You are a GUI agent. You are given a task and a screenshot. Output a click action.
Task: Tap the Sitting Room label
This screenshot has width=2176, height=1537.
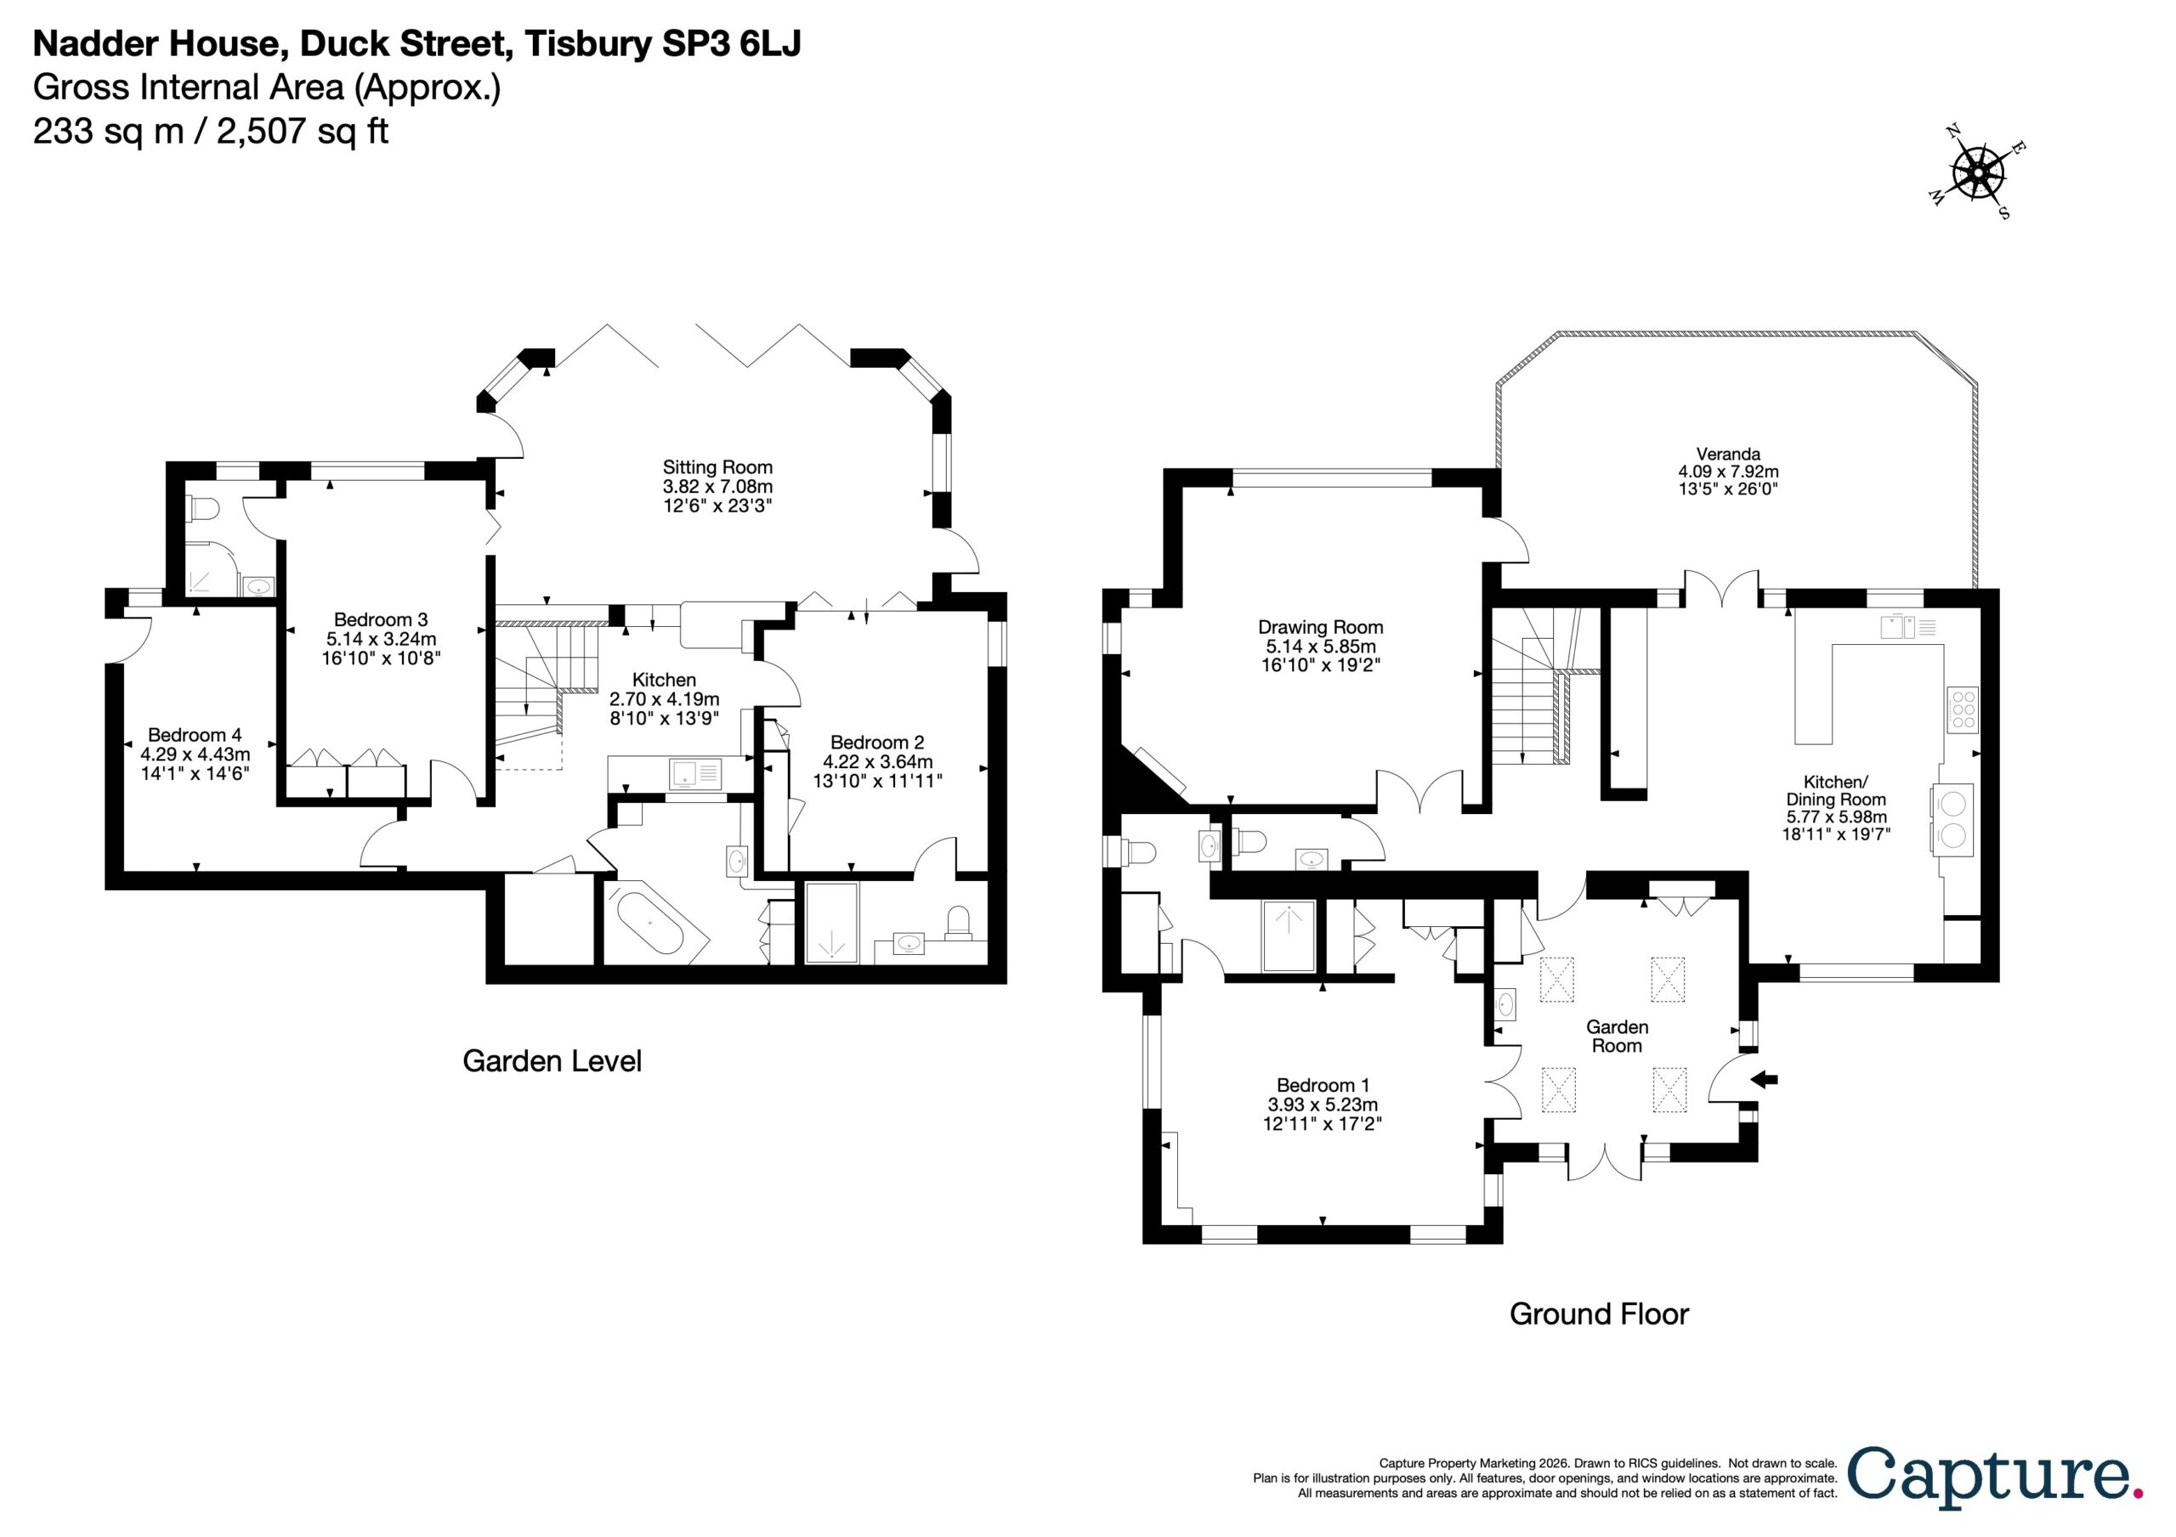pyautogui.click(x=717, y=467)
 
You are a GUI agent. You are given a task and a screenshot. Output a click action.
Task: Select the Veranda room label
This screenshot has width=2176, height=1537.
pyautogui.click(x=1728, y=454)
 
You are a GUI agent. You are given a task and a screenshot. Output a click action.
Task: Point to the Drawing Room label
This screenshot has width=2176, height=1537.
pyautogui.click(x=1320, y=627)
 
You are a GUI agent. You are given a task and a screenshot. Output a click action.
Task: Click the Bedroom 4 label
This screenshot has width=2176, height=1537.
pyautogui.click(x=195, y=735)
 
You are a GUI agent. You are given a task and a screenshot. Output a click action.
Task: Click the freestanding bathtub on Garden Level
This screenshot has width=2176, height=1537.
pyautogui.click(x=649, y=921)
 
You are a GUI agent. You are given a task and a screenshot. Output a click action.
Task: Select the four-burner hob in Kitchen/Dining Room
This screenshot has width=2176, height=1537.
pyautogui.click(x=1963, y=709)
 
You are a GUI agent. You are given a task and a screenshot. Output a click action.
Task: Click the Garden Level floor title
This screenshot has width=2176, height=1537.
pyautogui.click(x=552, y=1060)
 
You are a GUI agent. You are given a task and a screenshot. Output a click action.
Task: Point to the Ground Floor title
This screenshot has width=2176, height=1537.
pyautogui.click(x=1599, y=1314)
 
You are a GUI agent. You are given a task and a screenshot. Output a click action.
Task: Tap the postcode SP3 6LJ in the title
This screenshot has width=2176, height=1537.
pyautogui.click(x=731, y=43)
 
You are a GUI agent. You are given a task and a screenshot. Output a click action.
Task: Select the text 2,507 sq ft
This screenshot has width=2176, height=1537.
pyautogui.click(x=303, y=131)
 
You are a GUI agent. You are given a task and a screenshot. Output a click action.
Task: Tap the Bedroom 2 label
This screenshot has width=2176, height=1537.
pyautogui.click(x=876, y=743)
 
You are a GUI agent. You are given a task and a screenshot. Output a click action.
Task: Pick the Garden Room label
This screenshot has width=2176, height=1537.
pyautogui.click(x=1617, y=1037)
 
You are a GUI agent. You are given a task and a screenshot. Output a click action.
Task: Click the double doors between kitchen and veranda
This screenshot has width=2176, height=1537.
pyautogui.click(x=1722, y=589)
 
